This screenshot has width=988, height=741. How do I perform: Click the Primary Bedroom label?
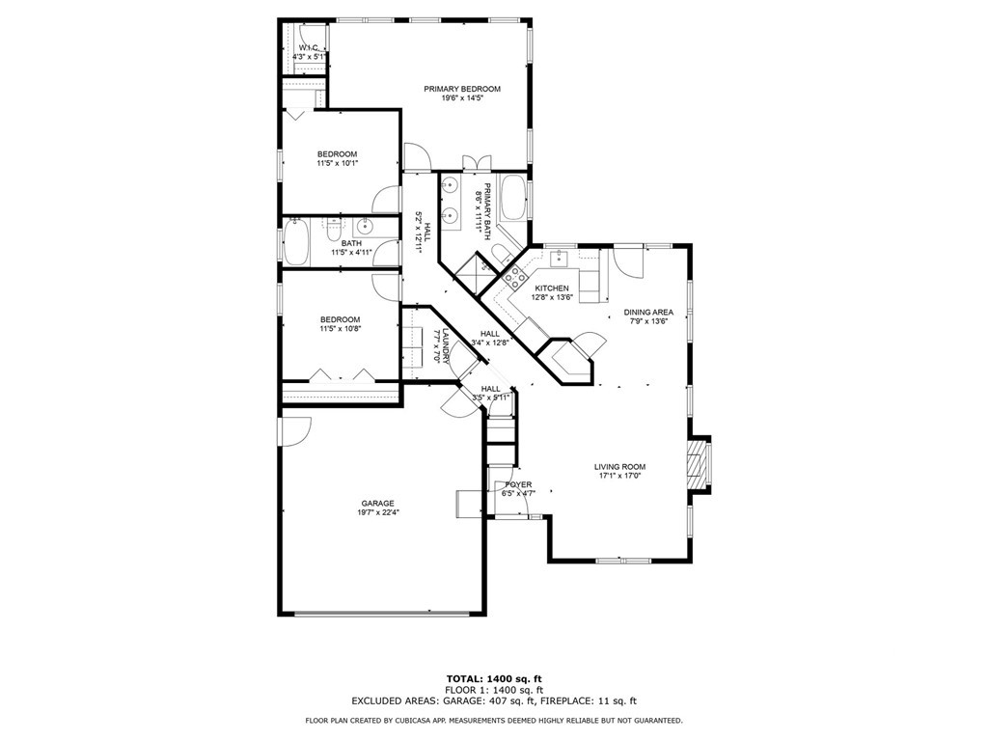pos(462,89)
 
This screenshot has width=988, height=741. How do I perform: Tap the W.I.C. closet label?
pos(310,47)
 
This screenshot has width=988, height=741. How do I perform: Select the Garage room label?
pos(378,503)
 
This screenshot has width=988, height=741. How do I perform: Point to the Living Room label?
pos(619,467)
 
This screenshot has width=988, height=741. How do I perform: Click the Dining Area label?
pos(647,312)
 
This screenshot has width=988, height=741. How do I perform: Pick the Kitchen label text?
pos(553,288)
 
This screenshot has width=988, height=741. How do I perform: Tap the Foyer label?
pos(518,484)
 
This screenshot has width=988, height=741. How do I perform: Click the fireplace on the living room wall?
pos(699,467)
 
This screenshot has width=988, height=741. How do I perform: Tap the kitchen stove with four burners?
pos(515,278)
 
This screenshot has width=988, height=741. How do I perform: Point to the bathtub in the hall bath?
pos(294,241)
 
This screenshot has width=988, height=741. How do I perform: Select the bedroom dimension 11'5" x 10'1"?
pos(338,163)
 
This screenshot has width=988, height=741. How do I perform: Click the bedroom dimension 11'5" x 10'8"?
pos(340,329)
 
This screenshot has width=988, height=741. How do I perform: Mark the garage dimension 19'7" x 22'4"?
pos(378,512)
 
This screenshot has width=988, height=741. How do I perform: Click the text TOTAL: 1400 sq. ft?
pos(493,678)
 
